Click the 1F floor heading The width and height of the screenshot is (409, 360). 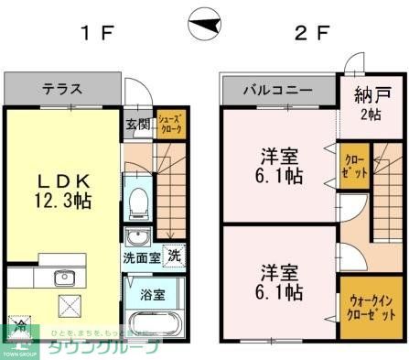(x=95, y=36)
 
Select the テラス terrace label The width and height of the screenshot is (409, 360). (x=62, y=90)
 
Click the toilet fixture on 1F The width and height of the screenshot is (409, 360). (x=137, y=202)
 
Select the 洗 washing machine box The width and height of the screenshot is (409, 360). (x=172, y=256)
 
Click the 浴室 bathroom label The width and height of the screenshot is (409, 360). (x=154, y=295)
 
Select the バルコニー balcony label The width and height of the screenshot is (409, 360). (x=277, y=91)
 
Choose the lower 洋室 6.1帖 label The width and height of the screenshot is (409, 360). (x=279, y=283)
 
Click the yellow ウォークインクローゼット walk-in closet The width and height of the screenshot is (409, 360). (x=371, y=307)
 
